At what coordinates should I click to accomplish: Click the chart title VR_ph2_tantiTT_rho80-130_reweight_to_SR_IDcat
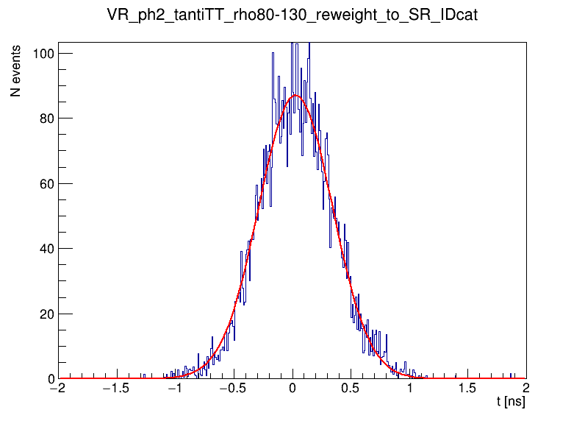tap(292, 15)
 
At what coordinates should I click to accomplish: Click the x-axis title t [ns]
tap(511, 402)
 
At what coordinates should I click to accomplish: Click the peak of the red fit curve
tap(295, 95)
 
